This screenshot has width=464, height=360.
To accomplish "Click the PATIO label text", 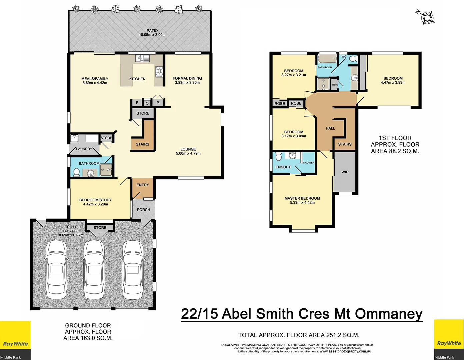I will (x=152, y=31).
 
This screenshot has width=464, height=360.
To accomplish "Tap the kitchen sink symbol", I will (x=143, y=59).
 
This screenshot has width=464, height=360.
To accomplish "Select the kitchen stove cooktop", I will (x=159, y=71).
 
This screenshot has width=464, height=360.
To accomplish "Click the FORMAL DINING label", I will (x=187, y=78).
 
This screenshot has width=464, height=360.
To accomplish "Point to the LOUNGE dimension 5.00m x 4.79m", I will (x=188, y=154).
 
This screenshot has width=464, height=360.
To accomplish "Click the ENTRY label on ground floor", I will (x=143, y=185).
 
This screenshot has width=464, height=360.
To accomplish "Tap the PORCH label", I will (x=143, y=210).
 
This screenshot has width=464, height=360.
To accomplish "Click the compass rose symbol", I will (x=427, y=17).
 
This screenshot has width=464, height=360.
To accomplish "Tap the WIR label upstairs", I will (x=345, y=172).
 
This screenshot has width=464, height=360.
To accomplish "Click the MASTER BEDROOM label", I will (x=302, y=198).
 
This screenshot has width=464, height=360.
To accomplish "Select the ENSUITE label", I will (x=283, y=167).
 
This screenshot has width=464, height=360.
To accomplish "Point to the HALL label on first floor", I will (x=330, y=128).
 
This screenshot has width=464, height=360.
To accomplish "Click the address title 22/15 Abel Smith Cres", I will (x=302, y=314).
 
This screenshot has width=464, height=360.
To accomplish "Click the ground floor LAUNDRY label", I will (x=84, y=149).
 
